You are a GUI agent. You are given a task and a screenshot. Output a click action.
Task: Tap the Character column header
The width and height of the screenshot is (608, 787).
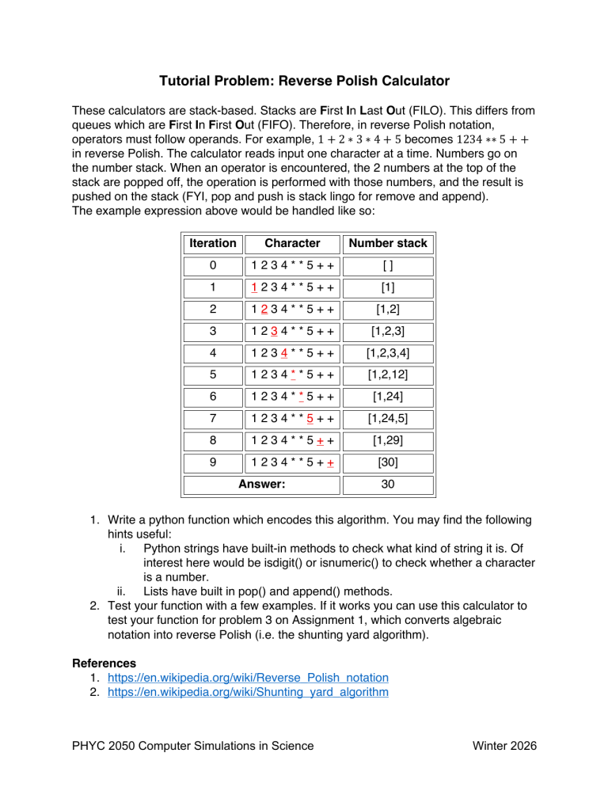pos(292,244)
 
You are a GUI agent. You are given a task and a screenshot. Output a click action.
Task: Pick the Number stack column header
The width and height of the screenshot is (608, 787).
pos(388,244)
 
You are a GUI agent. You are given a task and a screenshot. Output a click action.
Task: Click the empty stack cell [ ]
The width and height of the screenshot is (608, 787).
pos(388,269)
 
